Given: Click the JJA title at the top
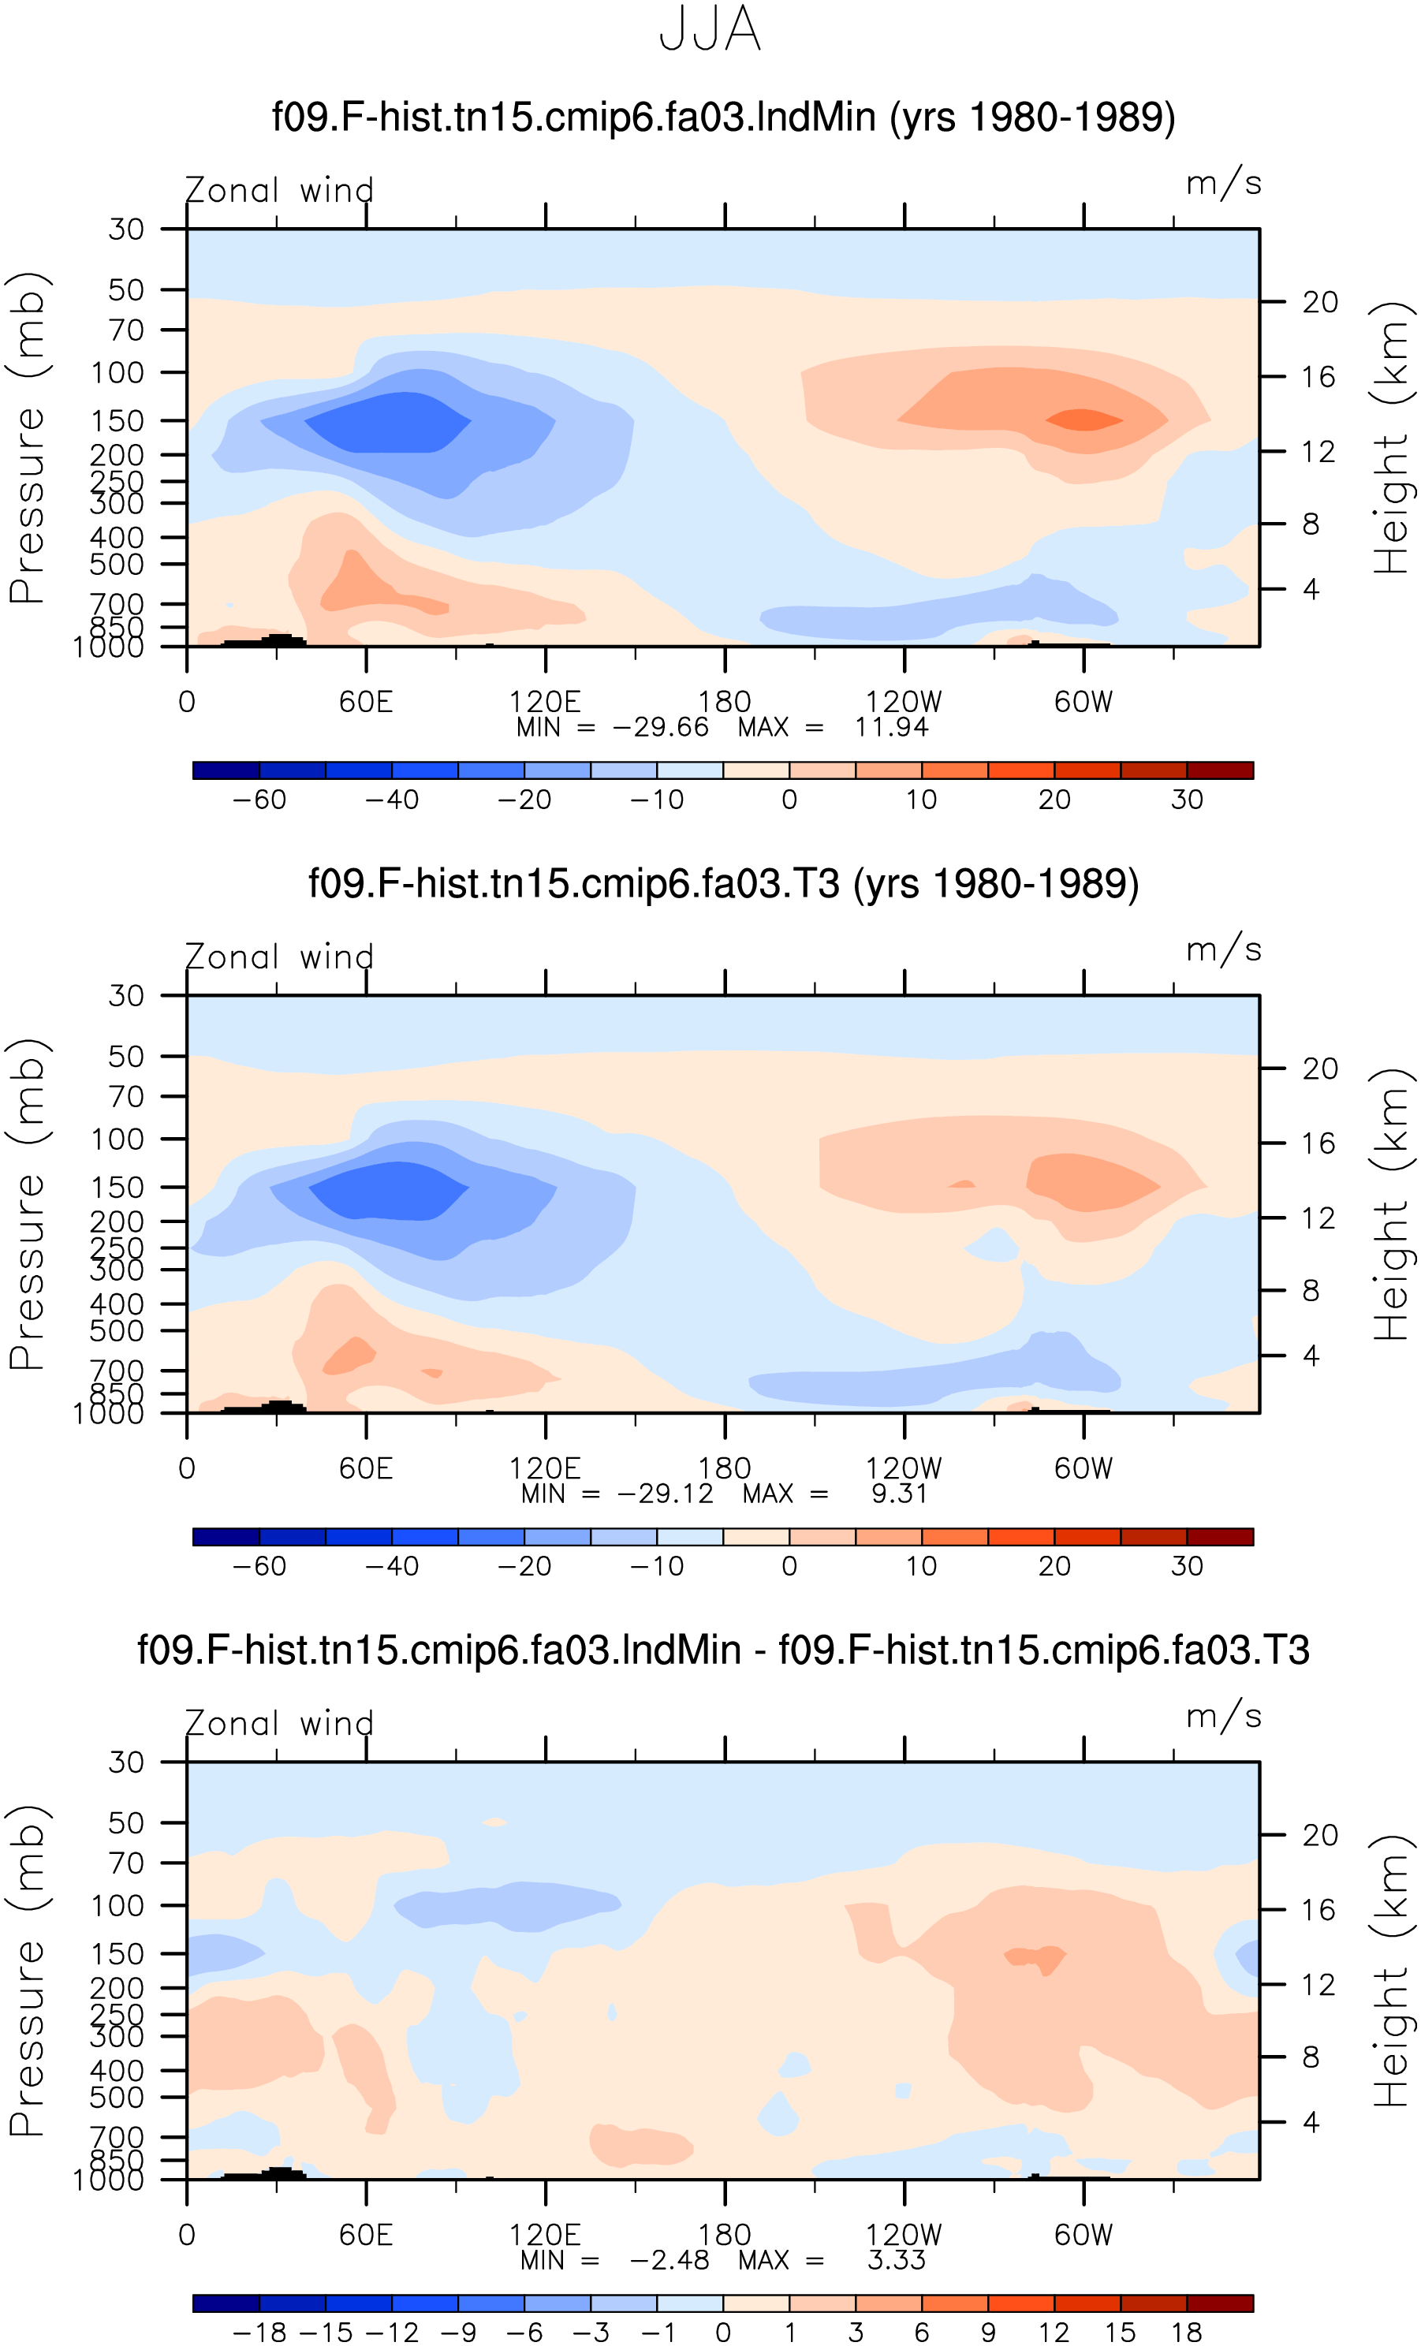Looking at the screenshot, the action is tap(710, 29).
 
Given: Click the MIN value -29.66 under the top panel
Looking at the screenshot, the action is tap(660, 727).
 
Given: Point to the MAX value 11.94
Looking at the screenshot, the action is tap(890, 727).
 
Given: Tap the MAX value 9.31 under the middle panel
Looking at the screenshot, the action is tap(899, 1494).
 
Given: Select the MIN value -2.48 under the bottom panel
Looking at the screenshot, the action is tap(669, 2260).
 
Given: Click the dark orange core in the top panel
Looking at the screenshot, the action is tap(1083, 420).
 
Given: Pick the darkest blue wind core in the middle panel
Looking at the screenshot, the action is tap(389, 1190).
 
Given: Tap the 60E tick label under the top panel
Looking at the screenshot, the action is tap(366, 703).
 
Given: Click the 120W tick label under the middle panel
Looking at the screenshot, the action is tap(903, 1469).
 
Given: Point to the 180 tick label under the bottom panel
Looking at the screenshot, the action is tap(725, 2236).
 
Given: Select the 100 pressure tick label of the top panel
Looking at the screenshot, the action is tap(117, 372).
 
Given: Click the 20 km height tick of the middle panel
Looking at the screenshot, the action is tap(1319, 1069).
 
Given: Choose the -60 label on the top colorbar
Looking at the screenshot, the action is tap(259, 800).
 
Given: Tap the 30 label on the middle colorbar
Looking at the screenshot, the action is tap(1187, 1566).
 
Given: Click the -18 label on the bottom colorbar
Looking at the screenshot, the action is tap(259, 2333).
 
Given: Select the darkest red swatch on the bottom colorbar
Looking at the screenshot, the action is tap(1220, 2303).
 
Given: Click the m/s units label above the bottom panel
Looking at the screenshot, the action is tap(1223, 1716).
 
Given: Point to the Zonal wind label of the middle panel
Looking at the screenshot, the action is tap(279, 957).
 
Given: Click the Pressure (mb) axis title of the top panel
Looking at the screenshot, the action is tap(28, 438).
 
